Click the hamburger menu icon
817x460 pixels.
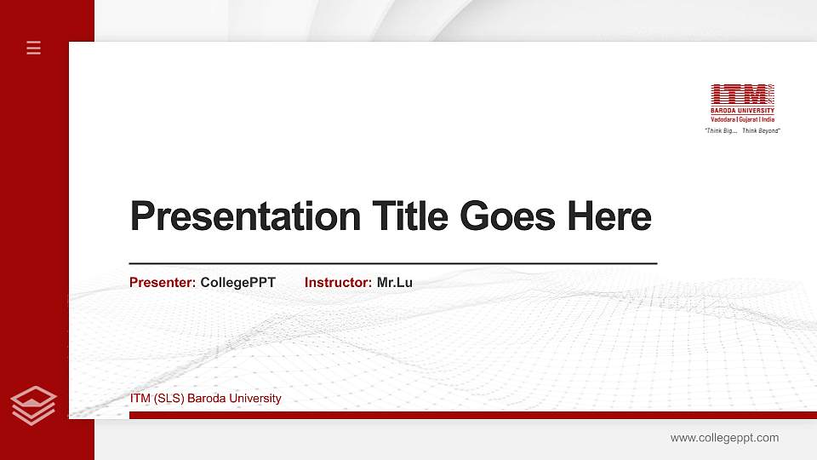point(34,48)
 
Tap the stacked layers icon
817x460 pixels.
point(34,405)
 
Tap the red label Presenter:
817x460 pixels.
point(163,282)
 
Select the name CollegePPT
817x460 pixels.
point(238,282)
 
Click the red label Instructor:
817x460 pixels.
point(338,282)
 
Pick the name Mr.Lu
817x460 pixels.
point(395,282)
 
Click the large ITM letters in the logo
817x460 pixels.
point(738,94)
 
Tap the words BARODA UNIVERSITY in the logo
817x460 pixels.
point(742,111)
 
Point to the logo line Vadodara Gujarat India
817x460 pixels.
point(742,120)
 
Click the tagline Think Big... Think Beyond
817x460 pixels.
point(742,130)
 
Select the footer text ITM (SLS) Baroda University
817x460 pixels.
point(205,399)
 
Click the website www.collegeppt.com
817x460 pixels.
point(724,438)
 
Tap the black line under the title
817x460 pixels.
point(392,264)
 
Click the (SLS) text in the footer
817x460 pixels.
point(169,399)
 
